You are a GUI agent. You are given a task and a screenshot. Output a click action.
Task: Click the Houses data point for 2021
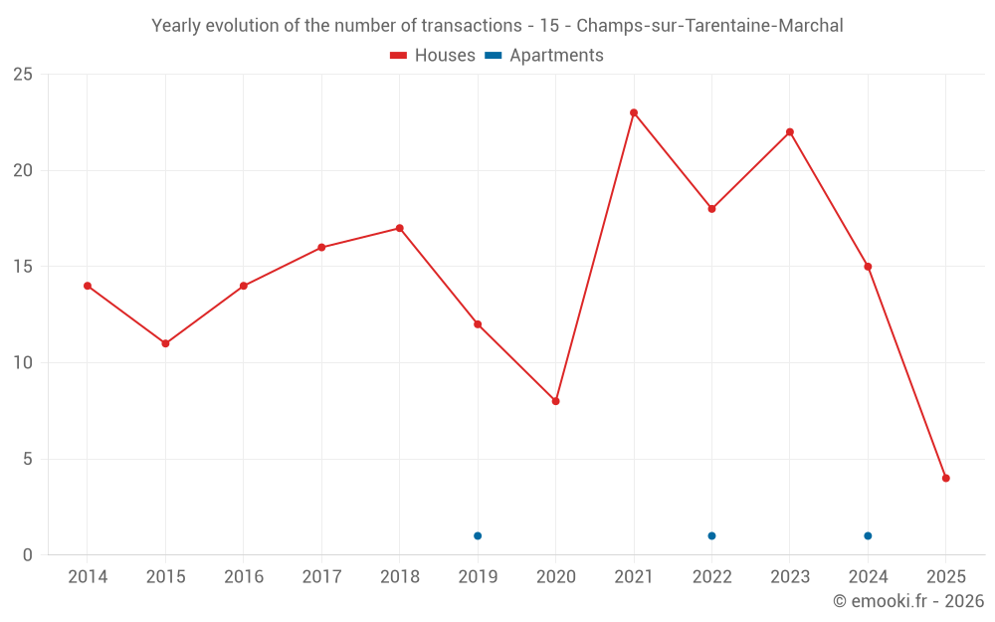click(x=634, y=112)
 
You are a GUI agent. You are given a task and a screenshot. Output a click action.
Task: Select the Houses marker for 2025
click(x=946, y=478)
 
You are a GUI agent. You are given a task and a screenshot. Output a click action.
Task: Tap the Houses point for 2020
click(x=556, y=401)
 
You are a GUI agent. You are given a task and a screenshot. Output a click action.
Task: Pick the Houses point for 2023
click(x=790, y=131)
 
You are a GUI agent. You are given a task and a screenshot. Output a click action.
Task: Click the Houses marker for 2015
click(x=165, y=343)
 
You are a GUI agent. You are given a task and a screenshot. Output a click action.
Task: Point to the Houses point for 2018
click(x=400, y=228)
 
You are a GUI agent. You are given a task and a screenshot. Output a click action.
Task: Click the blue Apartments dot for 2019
click(x=478, y=535)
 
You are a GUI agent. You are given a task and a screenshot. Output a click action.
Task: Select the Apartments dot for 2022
click(x=711, y=535)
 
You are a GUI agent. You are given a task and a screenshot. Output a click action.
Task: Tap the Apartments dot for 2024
click(x=868, y=535)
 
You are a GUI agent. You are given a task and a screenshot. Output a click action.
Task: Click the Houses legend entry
click(x=433, y=56)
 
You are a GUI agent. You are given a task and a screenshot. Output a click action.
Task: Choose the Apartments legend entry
click(x=544, y=56)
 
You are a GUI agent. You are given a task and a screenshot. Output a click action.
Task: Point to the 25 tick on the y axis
click(x=22, y=75)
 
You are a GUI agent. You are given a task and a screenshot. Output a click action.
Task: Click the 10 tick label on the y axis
click(x=22, y=363)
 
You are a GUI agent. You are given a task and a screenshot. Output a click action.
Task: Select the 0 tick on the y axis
click(x=27, y=555)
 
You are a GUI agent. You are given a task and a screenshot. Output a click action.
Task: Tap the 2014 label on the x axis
click(x=88, y=577)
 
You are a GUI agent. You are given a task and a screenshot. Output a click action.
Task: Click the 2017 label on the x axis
click(x=321, y=577)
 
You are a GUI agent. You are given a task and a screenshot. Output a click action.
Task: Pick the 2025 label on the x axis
click(x=946, y=577)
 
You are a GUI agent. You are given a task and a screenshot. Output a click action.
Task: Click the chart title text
click(x=497, y=26)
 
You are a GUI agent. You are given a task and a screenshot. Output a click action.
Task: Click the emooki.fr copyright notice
click(x=908, y=601)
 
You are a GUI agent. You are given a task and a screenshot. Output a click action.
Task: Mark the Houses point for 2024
click(x=868, y=267)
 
